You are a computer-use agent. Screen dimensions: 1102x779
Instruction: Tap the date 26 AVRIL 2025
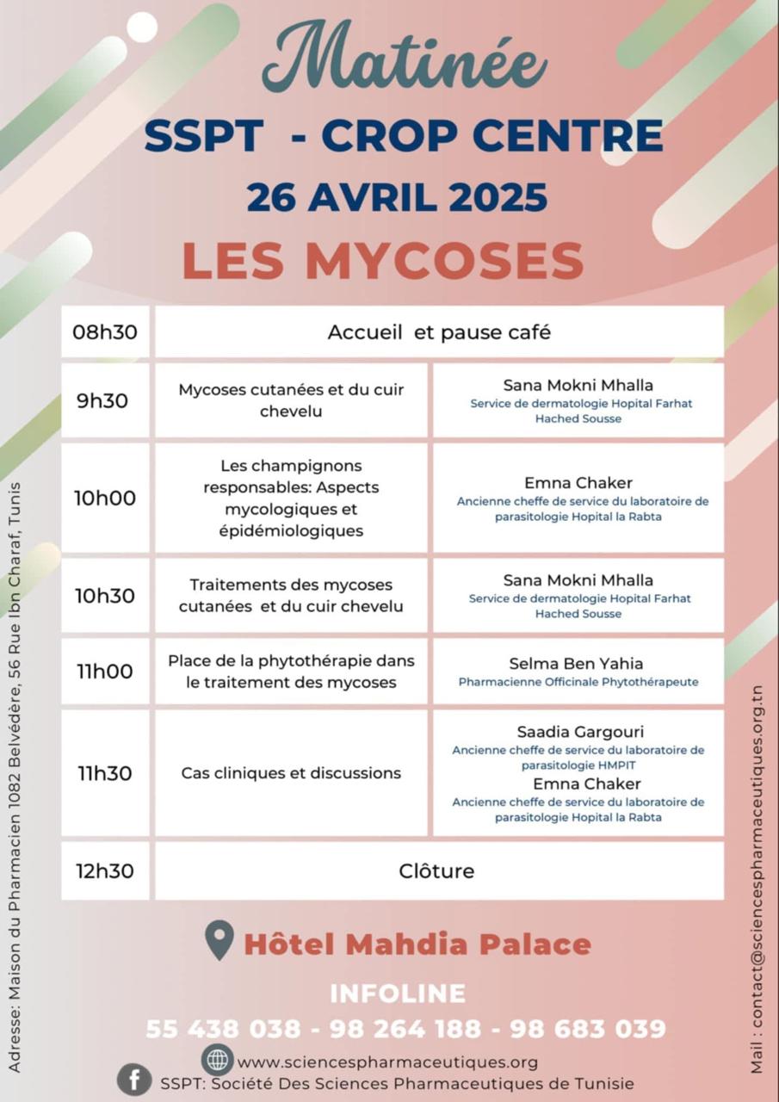397,197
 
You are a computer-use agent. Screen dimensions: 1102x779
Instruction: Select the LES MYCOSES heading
383,261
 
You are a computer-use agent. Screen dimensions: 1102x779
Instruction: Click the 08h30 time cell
105,332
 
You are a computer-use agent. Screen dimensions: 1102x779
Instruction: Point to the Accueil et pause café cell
439,332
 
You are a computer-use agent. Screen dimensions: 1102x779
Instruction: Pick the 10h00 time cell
105,498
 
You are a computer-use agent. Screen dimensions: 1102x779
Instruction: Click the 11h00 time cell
105,672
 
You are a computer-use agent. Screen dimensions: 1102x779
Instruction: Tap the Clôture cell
436,870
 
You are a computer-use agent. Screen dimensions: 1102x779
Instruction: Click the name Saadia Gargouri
578,732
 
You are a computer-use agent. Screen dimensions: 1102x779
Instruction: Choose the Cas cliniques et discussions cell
291,773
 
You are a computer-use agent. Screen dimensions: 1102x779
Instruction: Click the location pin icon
219,940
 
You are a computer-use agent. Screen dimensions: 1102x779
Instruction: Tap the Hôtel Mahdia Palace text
417,944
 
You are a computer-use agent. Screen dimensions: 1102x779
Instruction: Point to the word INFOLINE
398,994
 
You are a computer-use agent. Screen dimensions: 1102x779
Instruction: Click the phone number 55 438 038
223,1029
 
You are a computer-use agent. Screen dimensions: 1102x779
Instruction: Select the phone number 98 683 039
588,1029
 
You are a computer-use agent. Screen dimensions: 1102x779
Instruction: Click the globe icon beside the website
218,1060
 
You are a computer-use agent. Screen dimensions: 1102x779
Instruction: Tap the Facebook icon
134,1080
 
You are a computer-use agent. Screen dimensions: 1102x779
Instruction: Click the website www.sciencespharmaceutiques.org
387,1062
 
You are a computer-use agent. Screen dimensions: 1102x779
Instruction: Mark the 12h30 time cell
105,870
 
